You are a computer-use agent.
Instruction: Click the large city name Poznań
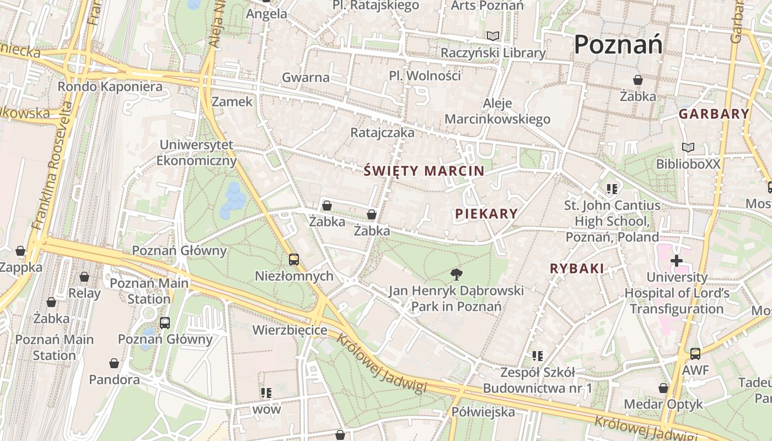click(618, 44)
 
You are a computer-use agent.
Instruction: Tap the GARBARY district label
click(714, 114)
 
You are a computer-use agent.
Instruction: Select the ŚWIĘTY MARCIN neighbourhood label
click(424, 171)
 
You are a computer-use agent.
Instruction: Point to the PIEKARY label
click(486, 214)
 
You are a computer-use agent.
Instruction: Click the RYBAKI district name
click(577, 268)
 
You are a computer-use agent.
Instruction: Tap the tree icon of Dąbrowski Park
click(456, 274)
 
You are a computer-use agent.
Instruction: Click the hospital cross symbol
click(677, 260)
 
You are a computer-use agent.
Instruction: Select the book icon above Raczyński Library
click(493, 36)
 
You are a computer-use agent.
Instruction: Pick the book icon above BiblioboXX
click(688, 148)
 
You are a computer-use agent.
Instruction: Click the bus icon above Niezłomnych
click(294, 259)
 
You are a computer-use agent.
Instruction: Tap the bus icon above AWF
click(695, 353)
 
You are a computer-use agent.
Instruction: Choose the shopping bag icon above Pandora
click(114, 363)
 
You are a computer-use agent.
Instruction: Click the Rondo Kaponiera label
click(110, 87)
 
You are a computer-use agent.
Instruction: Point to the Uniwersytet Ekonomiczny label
click(197, 153)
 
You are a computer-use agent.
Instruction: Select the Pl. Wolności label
click(425, 76)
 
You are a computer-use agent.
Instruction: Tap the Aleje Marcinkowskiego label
click(497, 111)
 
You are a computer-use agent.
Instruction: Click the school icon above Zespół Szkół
click(538, 356)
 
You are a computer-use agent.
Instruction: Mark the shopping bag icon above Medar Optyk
click(663, 388)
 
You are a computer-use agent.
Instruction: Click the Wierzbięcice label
click(290, 330)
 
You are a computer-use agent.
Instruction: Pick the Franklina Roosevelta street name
click(54, 165)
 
